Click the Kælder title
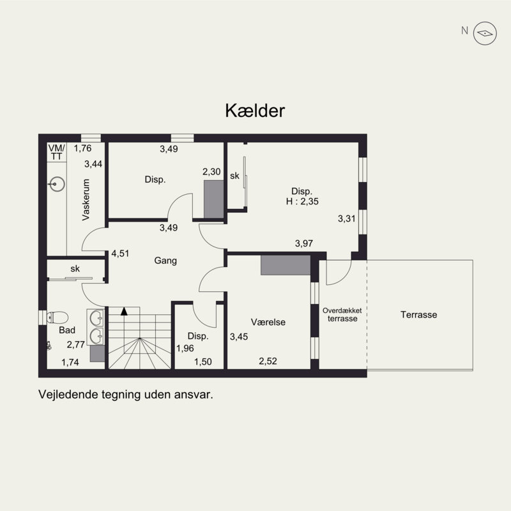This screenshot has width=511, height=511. tap(255, 111)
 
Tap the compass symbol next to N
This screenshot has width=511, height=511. tap(485, 33)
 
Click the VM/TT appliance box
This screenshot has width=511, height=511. tap(57, 152)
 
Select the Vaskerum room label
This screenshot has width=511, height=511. tap(86, 199)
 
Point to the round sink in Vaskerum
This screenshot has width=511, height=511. tap(57, 184)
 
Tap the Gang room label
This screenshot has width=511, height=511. tap(165, 261)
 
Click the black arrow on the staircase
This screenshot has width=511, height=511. tap(124, 311)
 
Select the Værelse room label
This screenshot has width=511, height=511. tap(268, 322)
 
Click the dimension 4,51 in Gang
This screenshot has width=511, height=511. tap(120, 253)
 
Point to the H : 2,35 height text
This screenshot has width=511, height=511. tap(302, 201)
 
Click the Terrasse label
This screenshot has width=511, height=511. tap(419, 315)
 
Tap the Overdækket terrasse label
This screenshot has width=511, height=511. tap(342, 314)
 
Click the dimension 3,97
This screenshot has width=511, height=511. tap(304, 243)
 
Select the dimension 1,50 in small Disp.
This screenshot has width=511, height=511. tap(202, 362)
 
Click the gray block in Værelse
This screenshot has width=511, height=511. tap(286, 265)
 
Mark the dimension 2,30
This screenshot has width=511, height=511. tap(211, 172)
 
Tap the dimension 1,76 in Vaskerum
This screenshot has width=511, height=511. tap(82, 148)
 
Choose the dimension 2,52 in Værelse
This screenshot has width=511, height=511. tap(268, 361)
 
